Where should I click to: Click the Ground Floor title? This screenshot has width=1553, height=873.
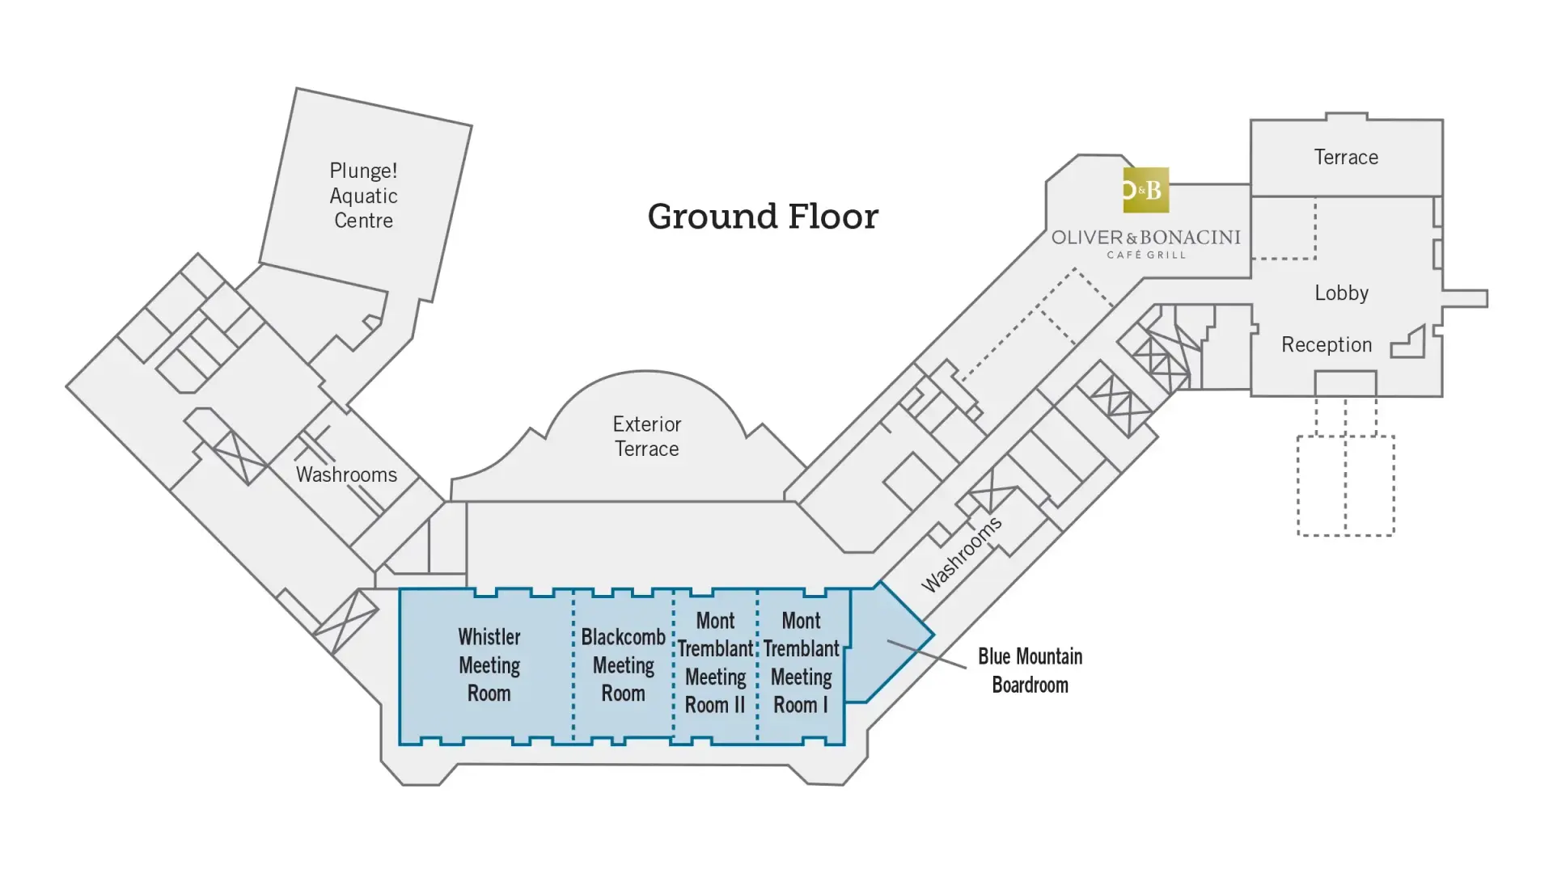pos(763,217)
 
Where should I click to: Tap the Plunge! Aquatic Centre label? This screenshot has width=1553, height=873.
pos(363,196)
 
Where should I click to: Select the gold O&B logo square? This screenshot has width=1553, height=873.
pos(1145,190)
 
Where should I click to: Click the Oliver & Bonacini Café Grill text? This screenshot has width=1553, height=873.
pos(1145,243)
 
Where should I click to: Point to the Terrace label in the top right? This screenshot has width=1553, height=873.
pos(1346,158)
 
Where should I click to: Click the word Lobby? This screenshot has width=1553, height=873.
pos(1341,293)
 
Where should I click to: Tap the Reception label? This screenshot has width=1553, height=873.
pos(1327,345)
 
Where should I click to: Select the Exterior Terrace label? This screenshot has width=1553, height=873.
pos(646,436)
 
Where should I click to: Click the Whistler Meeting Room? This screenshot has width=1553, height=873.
pos(489,665)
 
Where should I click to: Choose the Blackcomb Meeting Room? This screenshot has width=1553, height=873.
pos(623,665)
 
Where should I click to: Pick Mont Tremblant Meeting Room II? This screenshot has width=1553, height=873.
pos(715,663)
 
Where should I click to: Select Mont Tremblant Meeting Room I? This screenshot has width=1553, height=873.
pos(801,663)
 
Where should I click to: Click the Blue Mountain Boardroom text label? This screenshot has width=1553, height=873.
pos(1030,670)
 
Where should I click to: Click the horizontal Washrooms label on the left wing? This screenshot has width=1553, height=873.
pos(346,474)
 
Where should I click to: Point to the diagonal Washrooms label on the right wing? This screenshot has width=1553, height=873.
pos(962,554)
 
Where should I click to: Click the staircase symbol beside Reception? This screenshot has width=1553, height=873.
pos(1409,344)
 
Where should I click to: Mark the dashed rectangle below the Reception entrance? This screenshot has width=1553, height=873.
pos(1346,485)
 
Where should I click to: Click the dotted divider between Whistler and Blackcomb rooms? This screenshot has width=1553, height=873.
pos(573,665)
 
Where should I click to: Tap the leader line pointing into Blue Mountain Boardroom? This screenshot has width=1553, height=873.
pos(927,654)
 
